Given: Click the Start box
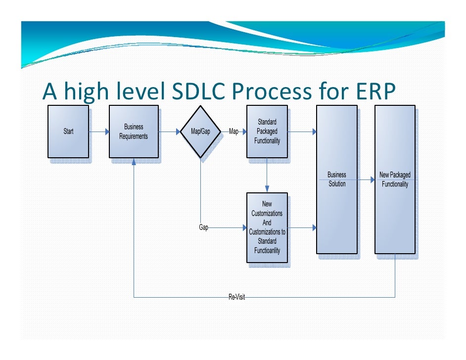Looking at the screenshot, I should (68, 132).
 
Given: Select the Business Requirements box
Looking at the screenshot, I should (134, 132).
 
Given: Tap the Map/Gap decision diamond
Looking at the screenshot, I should (200, 132).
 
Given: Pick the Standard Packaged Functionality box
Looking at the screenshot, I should (267, 132).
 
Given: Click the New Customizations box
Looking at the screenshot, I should (267, 227).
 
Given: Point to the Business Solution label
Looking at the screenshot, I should (337, 179).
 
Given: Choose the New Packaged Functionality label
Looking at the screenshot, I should (395, 179).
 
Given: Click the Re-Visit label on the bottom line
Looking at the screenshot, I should (236, 297).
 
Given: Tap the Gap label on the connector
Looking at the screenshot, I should (203, 227).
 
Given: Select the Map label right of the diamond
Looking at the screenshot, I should (233, 132).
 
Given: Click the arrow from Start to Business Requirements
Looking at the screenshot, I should (99, 132).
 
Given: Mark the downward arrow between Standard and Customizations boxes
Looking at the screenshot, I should (267, 176).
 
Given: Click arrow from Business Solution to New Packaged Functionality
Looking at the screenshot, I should (366, 180).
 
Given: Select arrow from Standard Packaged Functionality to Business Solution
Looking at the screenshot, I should (302, 132).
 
